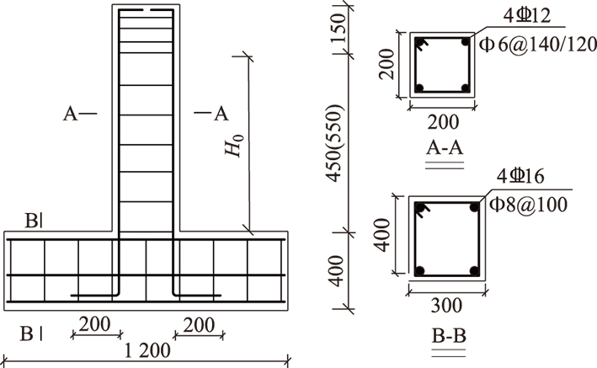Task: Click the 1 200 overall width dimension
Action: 147,350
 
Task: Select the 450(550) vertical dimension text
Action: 334,143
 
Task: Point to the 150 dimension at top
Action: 338,28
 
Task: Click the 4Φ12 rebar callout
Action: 526,16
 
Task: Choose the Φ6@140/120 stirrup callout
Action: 538,45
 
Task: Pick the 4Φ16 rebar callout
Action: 520,177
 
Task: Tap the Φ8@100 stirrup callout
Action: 529,205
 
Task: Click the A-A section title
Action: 445,147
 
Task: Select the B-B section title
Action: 449,336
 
